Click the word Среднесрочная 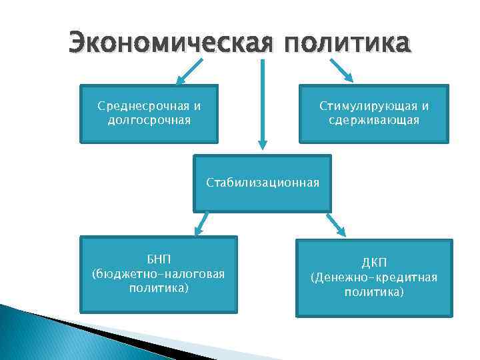(x=140, y=106)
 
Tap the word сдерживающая (x=374, y=120)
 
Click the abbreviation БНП (x=159, y=260)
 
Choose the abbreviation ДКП (x=374, y=263)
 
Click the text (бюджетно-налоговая (x=158, y=273)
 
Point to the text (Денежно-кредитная (x=374, y=277)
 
